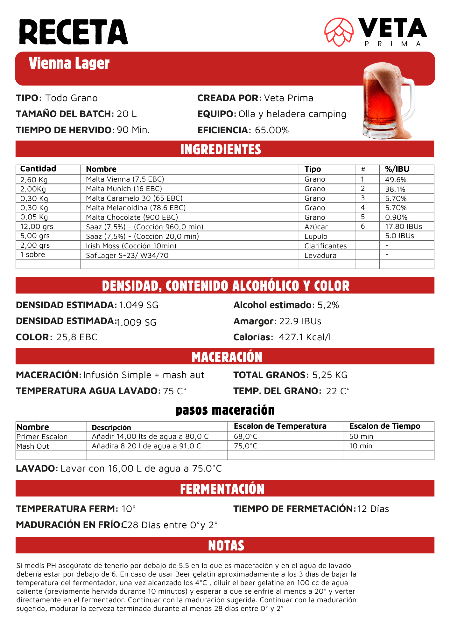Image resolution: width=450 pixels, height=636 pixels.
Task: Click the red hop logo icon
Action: point(339,32)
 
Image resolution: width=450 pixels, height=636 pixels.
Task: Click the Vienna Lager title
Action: point(69,63)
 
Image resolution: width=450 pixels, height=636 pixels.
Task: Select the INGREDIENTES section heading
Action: point(221,149)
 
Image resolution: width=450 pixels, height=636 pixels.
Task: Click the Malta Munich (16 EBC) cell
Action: point(124,189)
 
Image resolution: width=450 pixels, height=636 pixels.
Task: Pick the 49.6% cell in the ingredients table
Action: point(396,179)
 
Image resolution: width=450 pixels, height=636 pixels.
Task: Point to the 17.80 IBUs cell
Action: point(403,226)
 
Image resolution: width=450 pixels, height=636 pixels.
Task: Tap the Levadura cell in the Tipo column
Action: point(320,255)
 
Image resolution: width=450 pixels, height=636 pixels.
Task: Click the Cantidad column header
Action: point(38,169)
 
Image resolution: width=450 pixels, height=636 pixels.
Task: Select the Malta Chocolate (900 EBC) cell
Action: point(132,217)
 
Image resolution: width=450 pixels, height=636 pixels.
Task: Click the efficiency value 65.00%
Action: point(272,130)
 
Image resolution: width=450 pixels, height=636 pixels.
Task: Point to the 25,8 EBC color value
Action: point(77,337)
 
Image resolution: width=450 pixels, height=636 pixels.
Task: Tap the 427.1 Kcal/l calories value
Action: point(305,337)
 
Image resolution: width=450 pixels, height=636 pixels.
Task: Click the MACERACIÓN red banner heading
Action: point(227,357)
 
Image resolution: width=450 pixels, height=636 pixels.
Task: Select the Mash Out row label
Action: point(33,446)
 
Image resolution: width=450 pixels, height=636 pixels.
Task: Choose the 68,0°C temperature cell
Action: point(245,436)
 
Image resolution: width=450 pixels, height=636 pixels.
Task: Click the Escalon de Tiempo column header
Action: point(384,426)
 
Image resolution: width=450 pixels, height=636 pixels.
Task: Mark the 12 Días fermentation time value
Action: point(373,509)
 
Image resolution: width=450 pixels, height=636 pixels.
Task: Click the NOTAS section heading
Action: point(226,546)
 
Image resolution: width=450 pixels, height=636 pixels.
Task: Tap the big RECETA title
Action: point(73,32)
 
